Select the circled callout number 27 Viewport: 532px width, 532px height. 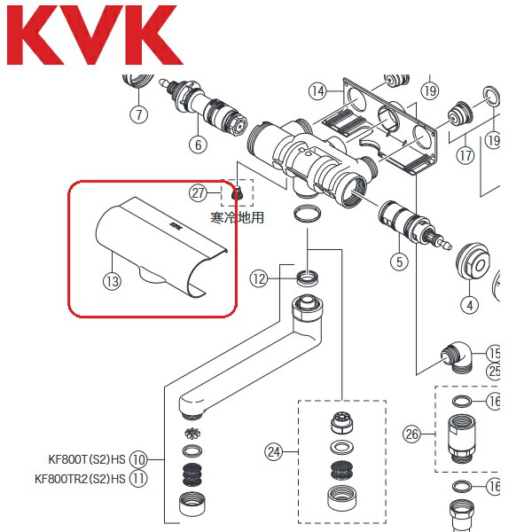point(199,192)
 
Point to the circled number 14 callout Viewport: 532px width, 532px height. point(317,90)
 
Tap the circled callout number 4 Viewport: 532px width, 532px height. point(470,306)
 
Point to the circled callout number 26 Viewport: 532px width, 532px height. point(411,434)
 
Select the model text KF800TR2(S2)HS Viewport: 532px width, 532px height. point(81,479)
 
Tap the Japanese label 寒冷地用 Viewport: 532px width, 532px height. point(237,216)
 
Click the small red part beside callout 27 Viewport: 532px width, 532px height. point(236,193)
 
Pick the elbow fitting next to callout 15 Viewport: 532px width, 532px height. point(457,359)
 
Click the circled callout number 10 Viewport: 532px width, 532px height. point(138,460)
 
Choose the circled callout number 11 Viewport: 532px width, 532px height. point(138,479)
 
